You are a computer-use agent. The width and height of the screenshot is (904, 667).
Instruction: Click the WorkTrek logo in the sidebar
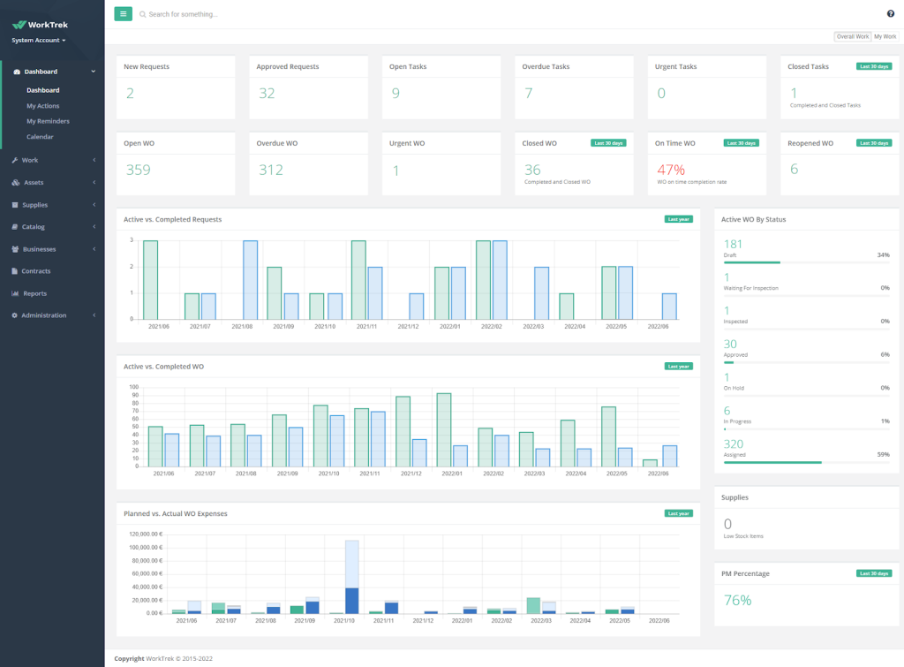point(40,25)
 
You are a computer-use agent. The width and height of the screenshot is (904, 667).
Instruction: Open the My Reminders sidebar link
point(48,121)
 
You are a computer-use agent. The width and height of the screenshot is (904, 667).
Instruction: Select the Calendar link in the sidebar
point(40,137)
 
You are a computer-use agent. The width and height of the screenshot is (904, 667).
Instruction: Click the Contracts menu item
point(36,271)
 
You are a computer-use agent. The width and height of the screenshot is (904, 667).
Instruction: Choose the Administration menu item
point(43,315)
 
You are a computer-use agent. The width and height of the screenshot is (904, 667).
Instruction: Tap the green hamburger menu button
point(123,14)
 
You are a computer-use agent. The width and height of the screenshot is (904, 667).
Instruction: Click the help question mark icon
point(891,13)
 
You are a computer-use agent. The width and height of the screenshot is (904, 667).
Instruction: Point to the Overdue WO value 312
point(271,170)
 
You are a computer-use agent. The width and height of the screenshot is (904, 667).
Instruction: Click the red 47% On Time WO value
point(669,169)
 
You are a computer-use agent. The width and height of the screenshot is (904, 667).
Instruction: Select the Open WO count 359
point(139,170)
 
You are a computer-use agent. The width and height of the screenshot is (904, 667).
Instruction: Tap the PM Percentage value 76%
point(737,600)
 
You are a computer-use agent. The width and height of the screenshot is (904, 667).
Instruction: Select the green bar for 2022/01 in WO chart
point(444,429)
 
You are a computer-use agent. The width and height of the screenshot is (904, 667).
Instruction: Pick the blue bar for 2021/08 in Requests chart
point(251,279)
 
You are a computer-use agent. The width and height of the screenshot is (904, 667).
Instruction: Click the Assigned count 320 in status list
point(734,444)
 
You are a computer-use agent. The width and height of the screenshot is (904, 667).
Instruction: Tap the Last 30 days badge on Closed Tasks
point(873,66)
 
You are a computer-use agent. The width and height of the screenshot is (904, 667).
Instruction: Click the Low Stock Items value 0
point(727,524)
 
